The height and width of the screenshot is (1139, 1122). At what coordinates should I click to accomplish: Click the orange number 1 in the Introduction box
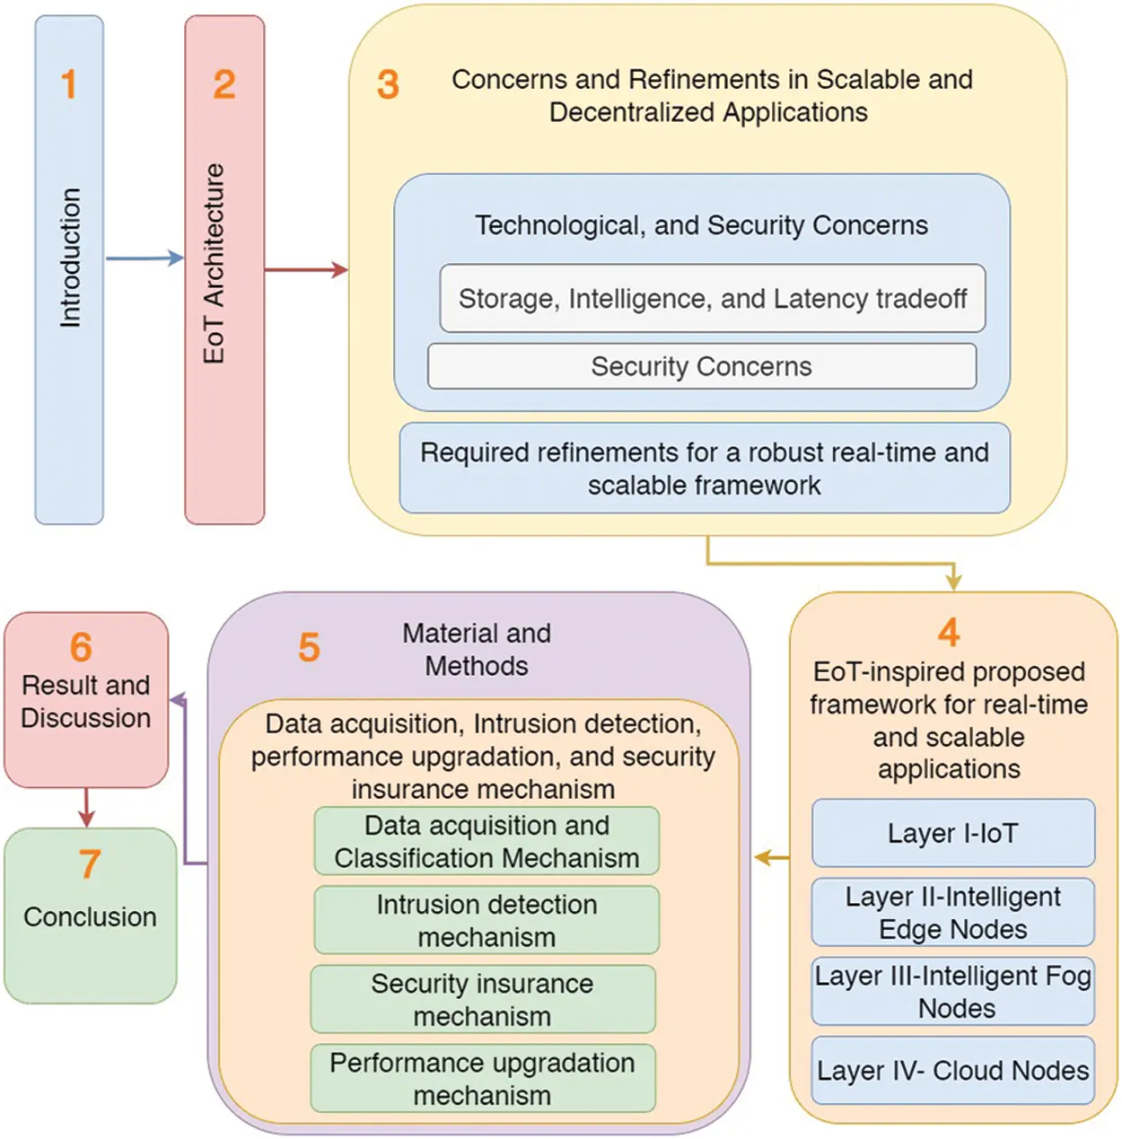point(68,84)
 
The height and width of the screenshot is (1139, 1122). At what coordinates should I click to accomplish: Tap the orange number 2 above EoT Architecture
point(224,84)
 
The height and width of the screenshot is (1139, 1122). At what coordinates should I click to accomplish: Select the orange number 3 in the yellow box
point(388,85)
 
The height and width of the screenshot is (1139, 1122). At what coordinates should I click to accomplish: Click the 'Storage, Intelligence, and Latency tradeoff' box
point(712,299)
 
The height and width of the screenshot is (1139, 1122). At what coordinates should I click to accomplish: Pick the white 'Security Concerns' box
point(702,366)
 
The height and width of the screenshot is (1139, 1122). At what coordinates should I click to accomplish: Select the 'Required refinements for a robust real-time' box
point(705,469)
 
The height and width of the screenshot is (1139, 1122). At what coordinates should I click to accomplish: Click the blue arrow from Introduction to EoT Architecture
point(145,258)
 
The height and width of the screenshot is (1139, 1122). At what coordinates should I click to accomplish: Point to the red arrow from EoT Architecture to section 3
point(306,269)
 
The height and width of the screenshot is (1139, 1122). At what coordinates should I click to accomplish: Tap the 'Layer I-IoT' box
point(953,833)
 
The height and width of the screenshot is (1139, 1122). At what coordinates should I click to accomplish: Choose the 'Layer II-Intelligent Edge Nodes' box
point(953,913)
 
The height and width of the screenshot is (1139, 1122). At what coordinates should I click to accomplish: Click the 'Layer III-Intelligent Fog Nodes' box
point(953,992)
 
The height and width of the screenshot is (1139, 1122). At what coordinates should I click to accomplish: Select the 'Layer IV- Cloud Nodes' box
point(953,1071)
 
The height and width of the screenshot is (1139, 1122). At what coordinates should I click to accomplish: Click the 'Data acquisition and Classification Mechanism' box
point(486,842)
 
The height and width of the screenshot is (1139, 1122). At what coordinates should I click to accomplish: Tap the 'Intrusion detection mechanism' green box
point(486,921)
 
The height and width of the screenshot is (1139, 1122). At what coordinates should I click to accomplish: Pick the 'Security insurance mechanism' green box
point(483,1000)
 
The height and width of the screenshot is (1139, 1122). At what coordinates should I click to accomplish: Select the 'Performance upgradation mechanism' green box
point(483,1079)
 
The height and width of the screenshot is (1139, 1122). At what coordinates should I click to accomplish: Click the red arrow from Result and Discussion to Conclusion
point(86,807)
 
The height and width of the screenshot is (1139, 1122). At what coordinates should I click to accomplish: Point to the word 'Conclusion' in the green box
point(90,916)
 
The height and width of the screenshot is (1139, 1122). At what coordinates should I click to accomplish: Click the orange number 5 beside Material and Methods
point(309,647)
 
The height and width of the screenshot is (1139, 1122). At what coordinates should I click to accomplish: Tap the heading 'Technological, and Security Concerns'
point(702,225)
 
